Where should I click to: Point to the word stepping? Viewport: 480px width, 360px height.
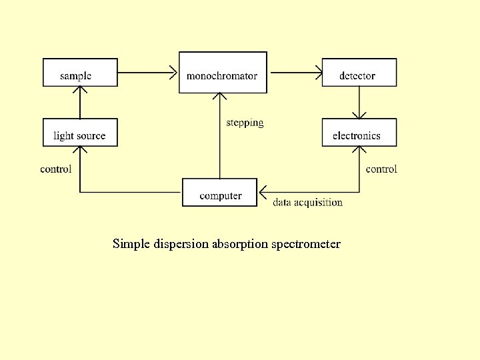tap(245, 123)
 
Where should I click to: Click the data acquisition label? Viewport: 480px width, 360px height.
tap(307, 203)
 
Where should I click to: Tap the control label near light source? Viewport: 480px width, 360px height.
tap(56, 169)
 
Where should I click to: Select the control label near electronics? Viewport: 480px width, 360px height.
tap(381, 169)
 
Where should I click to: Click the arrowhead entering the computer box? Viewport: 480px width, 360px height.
tap(263, 192)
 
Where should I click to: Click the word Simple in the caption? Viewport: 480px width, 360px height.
tap(131, 244)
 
